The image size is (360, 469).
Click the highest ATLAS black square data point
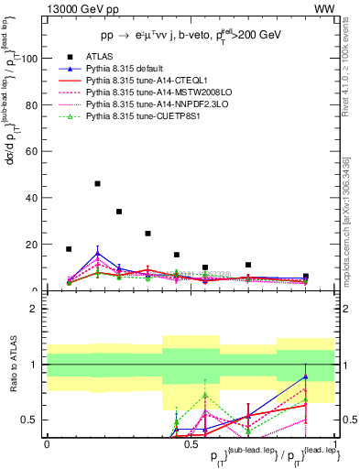tap(97, 183)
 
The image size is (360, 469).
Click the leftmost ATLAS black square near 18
tap(69, 248)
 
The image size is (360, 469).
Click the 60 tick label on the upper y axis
tap(31, 152)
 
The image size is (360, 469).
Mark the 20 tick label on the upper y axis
tap(31, 245)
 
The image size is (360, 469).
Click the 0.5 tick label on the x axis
tap(191, 443)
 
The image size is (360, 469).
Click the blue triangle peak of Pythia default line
tap(97, 253)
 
